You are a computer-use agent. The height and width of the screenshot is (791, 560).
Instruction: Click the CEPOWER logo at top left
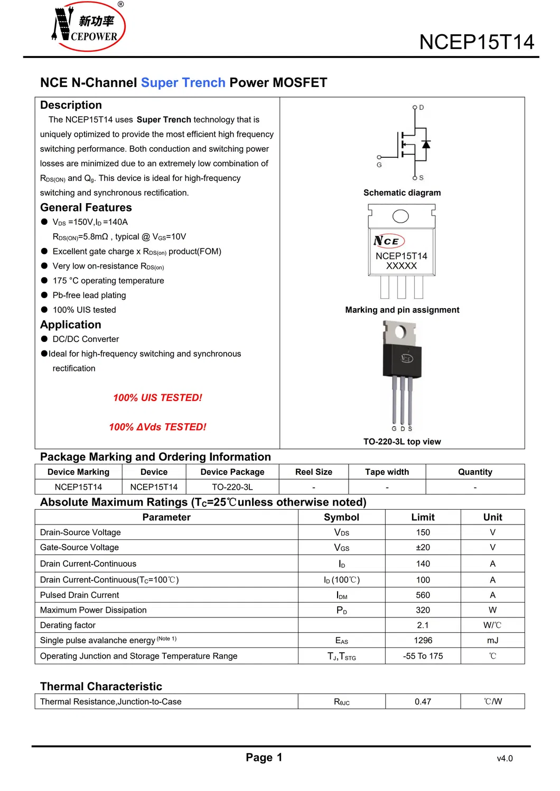[x=88, y=26]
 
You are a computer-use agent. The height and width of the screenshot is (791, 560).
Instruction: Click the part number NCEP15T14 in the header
[x=477, y=42]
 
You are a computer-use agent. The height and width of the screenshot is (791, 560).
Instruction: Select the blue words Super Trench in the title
[x=183, y=83]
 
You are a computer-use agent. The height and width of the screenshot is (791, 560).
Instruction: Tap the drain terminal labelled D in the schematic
[x=415, y=108]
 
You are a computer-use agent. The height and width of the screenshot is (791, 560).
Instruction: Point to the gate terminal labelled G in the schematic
[x=379, y=158]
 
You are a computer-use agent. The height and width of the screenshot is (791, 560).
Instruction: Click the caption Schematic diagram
[x=402, y=193]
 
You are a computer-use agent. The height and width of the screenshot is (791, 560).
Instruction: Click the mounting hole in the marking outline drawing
[x=400, y=216]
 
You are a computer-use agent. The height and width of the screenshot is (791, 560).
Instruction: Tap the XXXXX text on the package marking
[x=402, y=266]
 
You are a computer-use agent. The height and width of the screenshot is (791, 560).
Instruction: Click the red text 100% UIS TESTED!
[x=157, y=398]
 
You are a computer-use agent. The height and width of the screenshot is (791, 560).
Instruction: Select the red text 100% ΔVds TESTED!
[x=157, y=427]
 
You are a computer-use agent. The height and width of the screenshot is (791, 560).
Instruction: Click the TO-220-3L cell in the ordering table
[x=232, y=487]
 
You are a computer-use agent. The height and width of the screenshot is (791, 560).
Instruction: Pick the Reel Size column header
[x=314, y=472]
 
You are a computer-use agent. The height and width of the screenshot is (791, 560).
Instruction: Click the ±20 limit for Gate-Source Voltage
[x=423, y=548]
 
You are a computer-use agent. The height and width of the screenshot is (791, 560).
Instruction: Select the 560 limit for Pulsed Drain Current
[x=423, y=595]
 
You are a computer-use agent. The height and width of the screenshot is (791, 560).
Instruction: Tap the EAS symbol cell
[x=342, y=641]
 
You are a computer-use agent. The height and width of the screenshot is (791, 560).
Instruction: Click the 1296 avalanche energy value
[x=423, y=641]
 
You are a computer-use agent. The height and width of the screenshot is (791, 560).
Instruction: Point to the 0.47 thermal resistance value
[x=423, y=702]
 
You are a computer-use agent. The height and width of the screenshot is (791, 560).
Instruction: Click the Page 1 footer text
[x=264, y=758]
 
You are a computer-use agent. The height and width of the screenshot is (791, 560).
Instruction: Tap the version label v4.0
[x=505, y=759]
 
